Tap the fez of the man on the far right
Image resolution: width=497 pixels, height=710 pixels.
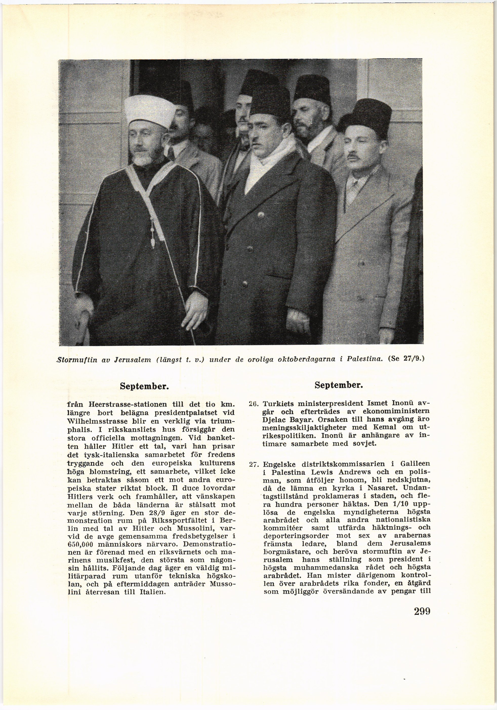(371, 117)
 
